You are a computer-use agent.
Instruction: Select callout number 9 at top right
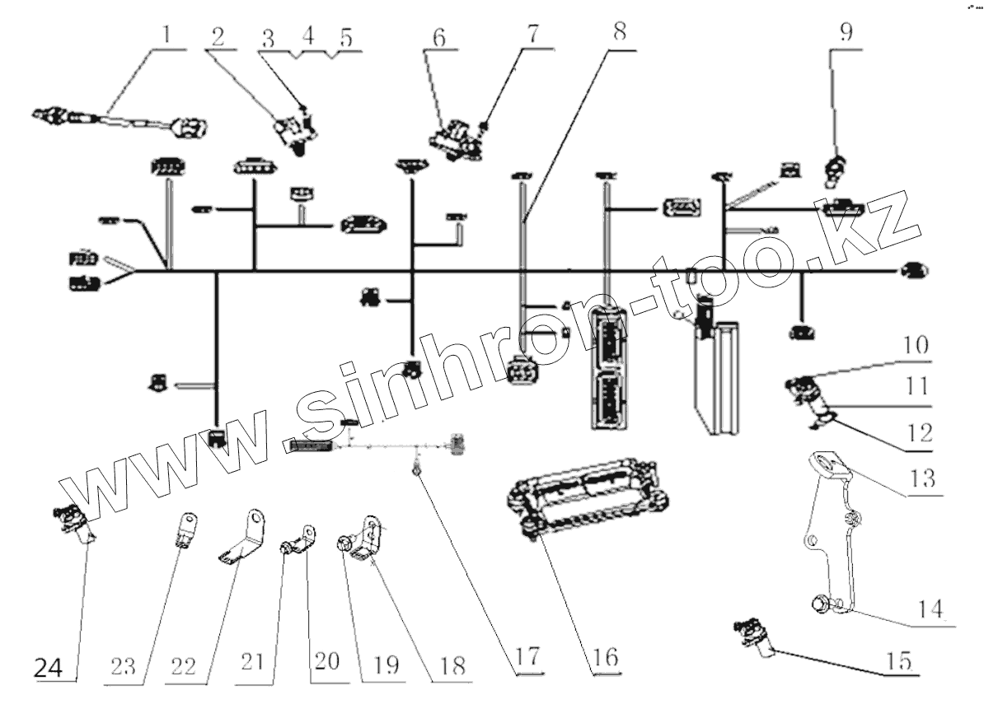point(846,34)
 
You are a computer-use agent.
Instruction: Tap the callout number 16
point(604,659)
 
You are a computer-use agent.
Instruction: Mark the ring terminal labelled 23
point(185,529)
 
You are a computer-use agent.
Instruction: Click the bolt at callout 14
point(821,604)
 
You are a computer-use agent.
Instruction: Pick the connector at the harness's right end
point(912,270)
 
